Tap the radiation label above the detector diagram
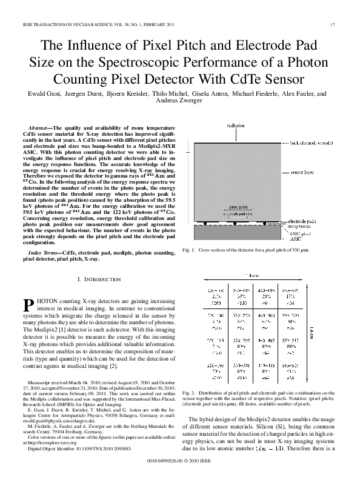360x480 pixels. click(x=236, y=125)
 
